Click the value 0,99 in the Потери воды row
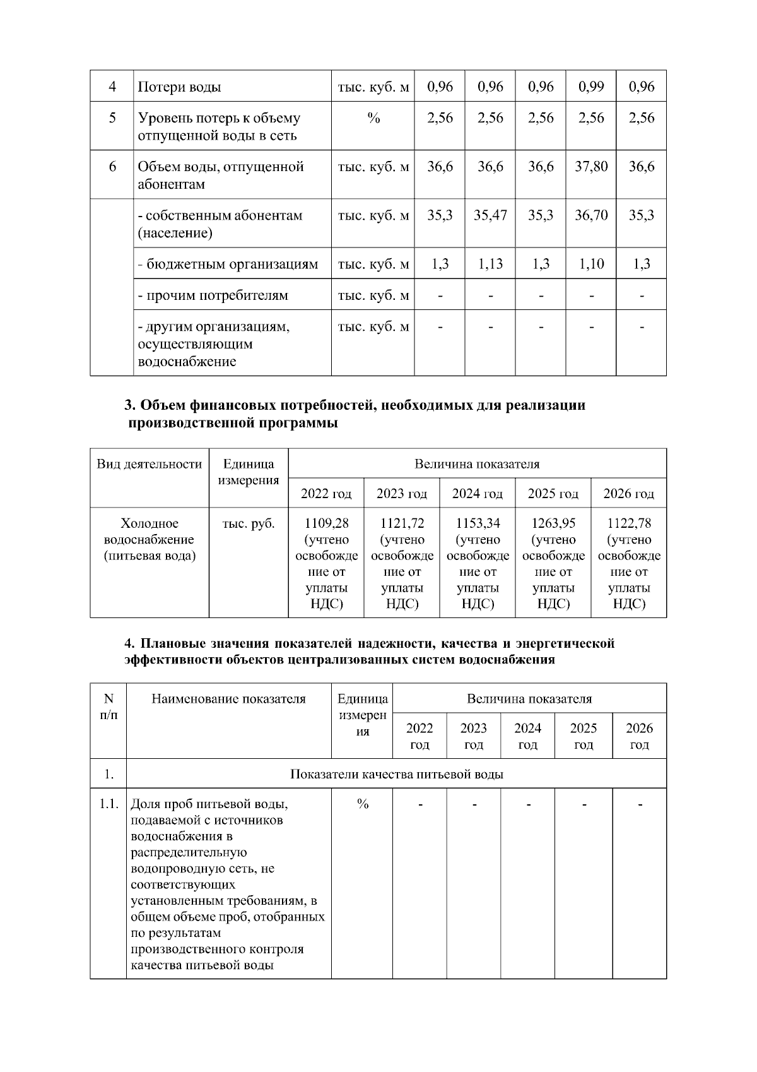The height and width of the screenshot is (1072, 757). (x=590, y=86)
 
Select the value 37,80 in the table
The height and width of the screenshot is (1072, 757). (x=590, y=167)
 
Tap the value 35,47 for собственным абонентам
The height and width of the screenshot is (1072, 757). (x=490, y=215)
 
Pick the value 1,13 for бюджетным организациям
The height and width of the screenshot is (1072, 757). (x=490, y=264)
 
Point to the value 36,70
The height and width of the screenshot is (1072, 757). (x=590, y=215)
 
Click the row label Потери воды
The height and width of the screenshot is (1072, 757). (x=179, y=87)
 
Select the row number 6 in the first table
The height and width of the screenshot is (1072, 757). (x=112, y=167)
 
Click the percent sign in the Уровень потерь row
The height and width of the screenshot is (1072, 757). (x=373, y=118)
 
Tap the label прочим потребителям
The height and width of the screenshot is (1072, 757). (x=213, y=295)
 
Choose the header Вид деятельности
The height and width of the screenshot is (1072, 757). (x=150, y=465)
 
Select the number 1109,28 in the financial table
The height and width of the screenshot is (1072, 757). (x=326, y=523)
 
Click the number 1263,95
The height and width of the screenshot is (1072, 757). (x=553, y=523)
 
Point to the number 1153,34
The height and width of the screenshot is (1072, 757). (x=478, y=523)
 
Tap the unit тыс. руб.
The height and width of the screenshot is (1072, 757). (x=249, y=523)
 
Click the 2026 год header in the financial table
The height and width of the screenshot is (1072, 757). (x=628, y=494)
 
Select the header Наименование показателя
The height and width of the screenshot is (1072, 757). (x=228, y=699)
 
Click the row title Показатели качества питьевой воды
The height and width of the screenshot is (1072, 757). (x=396, y=774)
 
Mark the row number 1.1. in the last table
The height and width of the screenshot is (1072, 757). (x=109, y=804)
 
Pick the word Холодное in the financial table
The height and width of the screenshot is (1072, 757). (x=150, y=523)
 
